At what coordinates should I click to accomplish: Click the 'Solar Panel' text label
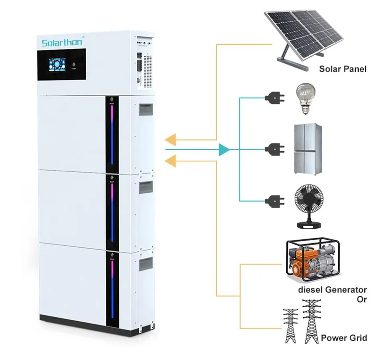pos(342,69)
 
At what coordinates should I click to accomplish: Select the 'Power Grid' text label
pos(344,338)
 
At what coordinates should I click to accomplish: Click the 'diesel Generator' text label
pos(332,289)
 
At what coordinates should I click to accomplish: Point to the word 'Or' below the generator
pos(361,299)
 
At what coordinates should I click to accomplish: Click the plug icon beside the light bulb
pos(271,97)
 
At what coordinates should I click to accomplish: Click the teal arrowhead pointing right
pos(224,149)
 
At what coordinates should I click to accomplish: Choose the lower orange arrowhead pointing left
pos(171,160)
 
